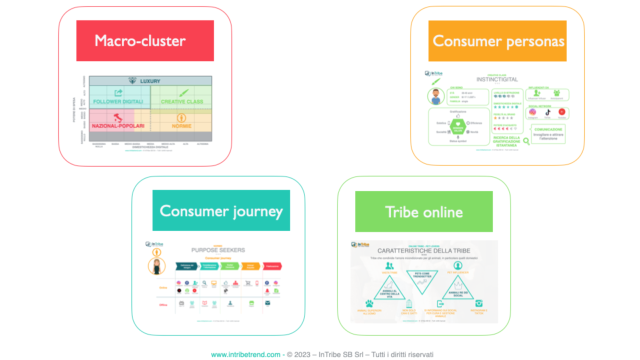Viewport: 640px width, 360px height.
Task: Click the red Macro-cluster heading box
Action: tap(145, 40)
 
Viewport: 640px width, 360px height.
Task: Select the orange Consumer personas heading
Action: tap(497, 41)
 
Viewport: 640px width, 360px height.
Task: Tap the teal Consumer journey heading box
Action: tap(221, 210)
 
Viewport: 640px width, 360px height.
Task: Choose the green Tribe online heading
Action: tap(423, 211)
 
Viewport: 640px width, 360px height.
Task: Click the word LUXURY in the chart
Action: tap(150, 81)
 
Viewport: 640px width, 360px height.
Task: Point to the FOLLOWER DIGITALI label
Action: tap(117, 101)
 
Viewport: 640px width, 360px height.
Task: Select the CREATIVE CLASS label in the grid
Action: tap(182, 101)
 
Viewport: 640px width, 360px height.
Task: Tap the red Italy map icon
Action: tap(118, 118)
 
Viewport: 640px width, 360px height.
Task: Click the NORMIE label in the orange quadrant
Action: tap(181, 126)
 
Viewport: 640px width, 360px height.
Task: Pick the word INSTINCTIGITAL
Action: tap(497, 79)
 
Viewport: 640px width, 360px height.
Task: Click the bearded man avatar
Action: tap(435, 97)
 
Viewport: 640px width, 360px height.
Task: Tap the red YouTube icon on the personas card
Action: tap(562, 112)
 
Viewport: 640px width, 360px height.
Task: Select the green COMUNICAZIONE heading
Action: tap(548, 129)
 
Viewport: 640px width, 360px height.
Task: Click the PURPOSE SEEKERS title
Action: tap(218, 250)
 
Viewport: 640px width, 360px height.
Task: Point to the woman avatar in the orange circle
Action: tap(157, 266)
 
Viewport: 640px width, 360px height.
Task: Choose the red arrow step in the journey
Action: tap(272, 266)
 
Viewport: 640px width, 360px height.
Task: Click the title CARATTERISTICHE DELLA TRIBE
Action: tap(423, 250)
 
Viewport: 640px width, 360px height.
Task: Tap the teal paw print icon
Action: tap(369, 303)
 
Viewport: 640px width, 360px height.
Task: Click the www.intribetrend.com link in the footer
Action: tap(245, 354)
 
